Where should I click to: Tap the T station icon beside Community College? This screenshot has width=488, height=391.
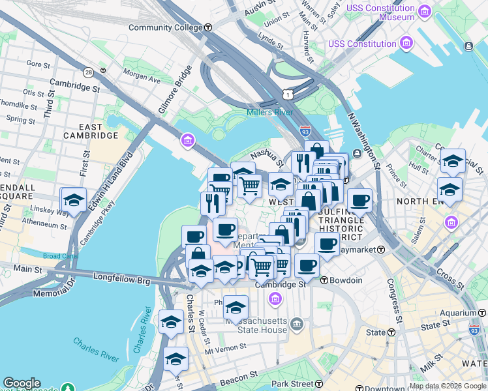point(208,27)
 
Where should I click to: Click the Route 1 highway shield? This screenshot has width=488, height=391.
point(288,95)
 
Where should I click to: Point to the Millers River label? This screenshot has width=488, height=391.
point(269,112)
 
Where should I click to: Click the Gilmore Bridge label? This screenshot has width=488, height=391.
point(174,89)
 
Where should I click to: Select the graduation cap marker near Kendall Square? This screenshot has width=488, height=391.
point(74,200)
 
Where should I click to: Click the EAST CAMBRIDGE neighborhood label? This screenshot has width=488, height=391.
point(91,130)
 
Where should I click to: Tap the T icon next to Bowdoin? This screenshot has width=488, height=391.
point(324,280)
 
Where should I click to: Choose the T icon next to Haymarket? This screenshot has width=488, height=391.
point(380,249)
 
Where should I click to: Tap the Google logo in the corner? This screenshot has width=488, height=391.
point(22,383)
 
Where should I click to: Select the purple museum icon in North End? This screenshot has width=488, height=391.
point(450,224)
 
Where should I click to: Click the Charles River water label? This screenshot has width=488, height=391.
point(96,348)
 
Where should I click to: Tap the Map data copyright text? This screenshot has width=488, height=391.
point(446,386)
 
